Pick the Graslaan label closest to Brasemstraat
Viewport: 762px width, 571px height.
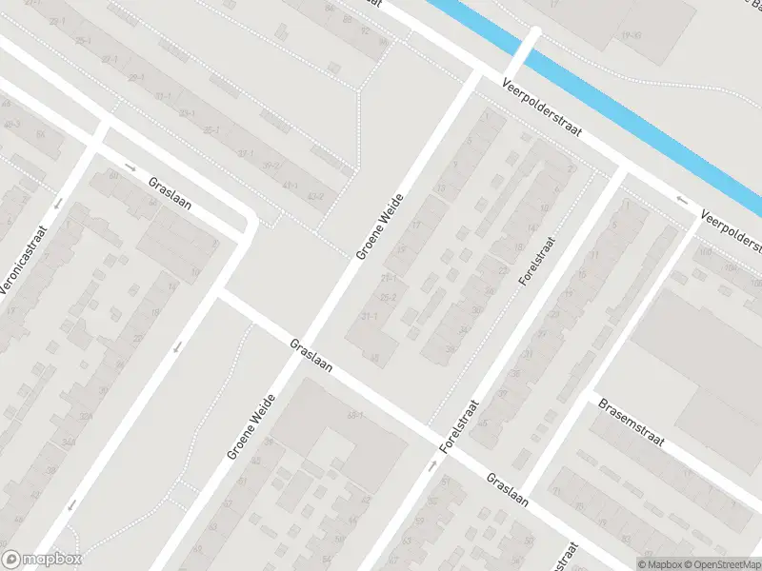pos(506,491)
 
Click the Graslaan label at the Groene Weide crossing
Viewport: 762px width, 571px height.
pos(311,356)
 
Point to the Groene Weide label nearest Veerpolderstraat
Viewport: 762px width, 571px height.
pos(380,226)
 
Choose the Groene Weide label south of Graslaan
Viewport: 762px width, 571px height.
pos(251,427)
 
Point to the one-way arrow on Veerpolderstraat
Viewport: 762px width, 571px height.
pos(682,200)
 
